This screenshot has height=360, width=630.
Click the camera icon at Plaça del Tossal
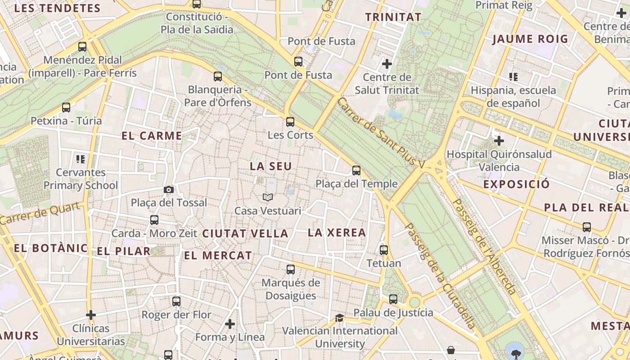[169, 189]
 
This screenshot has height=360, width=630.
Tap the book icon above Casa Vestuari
[268, 197]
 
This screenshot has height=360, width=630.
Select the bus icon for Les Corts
[290, 121]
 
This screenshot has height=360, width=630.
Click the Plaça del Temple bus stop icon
[356, 170]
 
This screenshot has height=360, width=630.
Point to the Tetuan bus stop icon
[384, 250]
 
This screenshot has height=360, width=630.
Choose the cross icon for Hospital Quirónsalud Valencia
[499, 141]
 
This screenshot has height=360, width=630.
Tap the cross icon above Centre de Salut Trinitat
[387, 63]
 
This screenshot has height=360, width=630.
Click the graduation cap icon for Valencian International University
[340, 318]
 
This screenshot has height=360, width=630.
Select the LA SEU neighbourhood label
[271, 166]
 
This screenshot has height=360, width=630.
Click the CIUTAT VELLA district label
[245, 234]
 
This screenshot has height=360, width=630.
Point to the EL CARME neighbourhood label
[152, 136]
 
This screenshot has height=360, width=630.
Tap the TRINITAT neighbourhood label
[393, 18]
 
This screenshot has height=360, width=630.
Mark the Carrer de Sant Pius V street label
[381, 133]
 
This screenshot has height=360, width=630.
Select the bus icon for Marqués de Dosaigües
[291, 270]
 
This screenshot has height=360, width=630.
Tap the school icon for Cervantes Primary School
[81, 158]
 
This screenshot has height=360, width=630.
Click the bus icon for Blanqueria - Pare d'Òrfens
[218, 76]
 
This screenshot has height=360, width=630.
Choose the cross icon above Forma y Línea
[230, 324]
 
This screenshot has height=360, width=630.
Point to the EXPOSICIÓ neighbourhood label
[517, 184]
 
